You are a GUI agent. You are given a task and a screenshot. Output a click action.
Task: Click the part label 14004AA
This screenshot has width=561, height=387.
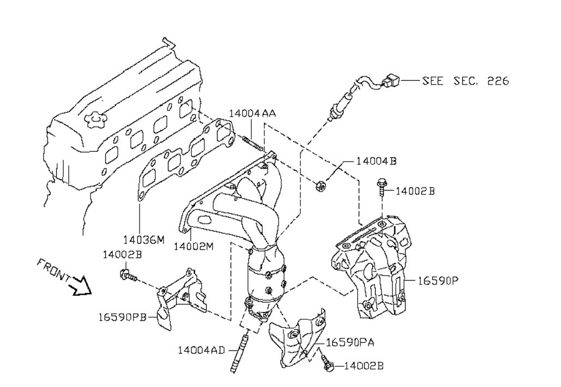(x=252, y=114)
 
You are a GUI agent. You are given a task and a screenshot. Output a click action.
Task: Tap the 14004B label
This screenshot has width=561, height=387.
(x=376, y=161)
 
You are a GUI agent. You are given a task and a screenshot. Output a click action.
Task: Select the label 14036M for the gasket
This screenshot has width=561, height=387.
(x=144, y=240)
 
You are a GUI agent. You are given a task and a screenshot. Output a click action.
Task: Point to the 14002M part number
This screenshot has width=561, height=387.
(x=194, y=247)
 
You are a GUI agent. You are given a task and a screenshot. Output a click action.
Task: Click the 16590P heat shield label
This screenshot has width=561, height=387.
(x=438, y=281)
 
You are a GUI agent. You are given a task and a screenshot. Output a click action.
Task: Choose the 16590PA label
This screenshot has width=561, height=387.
(x=351, y=343)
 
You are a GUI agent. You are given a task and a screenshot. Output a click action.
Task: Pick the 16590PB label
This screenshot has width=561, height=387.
(x=123, y=317)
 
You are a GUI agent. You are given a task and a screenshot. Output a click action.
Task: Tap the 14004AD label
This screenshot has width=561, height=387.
(x=201, y=350)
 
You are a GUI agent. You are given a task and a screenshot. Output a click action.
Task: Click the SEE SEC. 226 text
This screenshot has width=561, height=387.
(x=465, y=81)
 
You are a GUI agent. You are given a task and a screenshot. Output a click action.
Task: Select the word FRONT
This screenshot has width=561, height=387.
(x=53, y=269)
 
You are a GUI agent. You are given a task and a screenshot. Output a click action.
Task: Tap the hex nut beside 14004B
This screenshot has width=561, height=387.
(x=319, y=186)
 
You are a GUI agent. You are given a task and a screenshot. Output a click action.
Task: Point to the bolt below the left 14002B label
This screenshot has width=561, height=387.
(x=128, y=276)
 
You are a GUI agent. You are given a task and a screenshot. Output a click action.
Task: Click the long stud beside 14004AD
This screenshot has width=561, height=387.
(x=239, y=352)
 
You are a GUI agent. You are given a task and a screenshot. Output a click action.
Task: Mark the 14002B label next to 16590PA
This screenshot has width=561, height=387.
(x=364, y=366)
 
